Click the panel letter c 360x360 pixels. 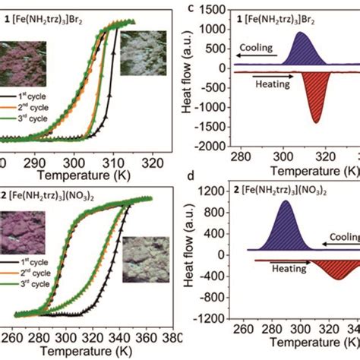pyautogui.click(x=191, y=9)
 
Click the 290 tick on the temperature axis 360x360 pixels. pyautogui.click(x=35, y=163)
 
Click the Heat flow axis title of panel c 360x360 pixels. pyautogui.click(x=188, y=76)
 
